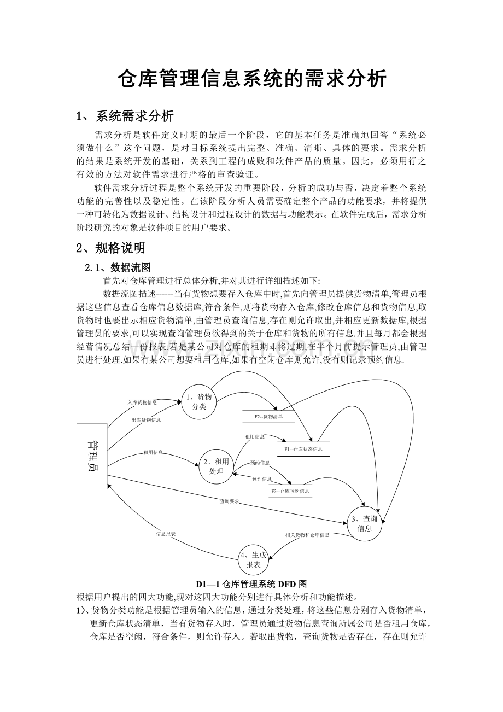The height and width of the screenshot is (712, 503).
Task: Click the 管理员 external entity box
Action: click(x=92, y=456)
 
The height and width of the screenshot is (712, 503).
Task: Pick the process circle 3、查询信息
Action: click(x=364, y=523)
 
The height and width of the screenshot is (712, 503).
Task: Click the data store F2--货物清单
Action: click(x=268, y=417)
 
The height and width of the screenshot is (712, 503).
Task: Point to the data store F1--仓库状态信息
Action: click(x=303, y=449)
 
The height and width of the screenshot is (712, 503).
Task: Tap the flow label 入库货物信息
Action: click(x=142, y=402)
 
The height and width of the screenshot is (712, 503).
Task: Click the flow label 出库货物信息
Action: click(x=146, y=420)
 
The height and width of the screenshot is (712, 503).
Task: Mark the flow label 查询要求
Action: click(x=230, y=501)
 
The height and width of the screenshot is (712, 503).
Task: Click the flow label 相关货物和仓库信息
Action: click(x=307, y=534)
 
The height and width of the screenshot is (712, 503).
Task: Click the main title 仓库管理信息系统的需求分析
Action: click(x=252, y=80)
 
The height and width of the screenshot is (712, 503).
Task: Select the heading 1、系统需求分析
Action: click(x=125, y=116)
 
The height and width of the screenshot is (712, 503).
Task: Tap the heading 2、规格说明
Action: click(x=111, y=248)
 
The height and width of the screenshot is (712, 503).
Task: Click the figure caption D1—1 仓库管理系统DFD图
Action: click(x=251, y=584)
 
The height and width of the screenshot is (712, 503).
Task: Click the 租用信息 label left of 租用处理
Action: click(x=153, y=452)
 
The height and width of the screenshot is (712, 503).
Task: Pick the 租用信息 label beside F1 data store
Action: click(x=255, y=436)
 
